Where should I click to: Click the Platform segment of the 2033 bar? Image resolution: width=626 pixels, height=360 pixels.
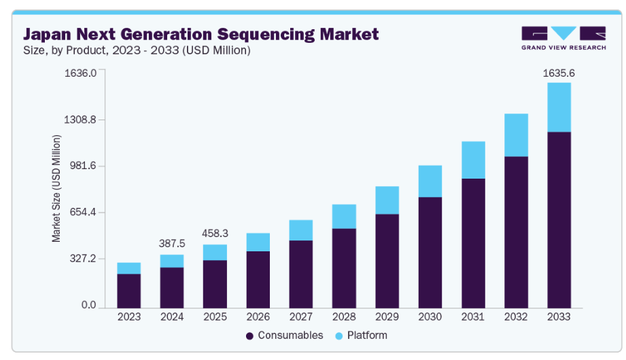559,107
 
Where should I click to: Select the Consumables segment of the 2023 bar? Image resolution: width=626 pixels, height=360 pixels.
128,290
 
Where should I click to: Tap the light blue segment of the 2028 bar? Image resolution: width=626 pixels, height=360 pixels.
344,216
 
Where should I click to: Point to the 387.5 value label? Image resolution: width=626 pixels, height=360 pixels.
172,243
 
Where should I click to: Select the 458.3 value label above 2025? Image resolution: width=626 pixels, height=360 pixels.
215,233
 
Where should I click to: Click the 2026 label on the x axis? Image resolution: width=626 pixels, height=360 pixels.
258,317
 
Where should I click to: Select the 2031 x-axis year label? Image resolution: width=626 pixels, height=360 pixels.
473,317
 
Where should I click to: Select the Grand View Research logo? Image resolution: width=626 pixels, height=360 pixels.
563,38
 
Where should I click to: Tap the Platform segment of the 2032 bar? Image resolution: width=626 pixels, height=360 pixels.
516,135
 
